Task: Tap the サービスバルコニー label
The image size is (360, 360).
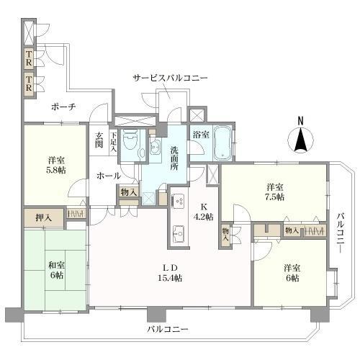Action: pos(170,77)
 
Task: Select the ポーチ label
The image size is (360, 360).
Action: pos(64,107)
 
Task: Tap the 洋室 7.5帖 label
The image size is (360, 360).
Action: pos(274,191)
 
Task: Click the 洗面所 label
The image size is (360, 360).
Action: pos(176,157)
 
